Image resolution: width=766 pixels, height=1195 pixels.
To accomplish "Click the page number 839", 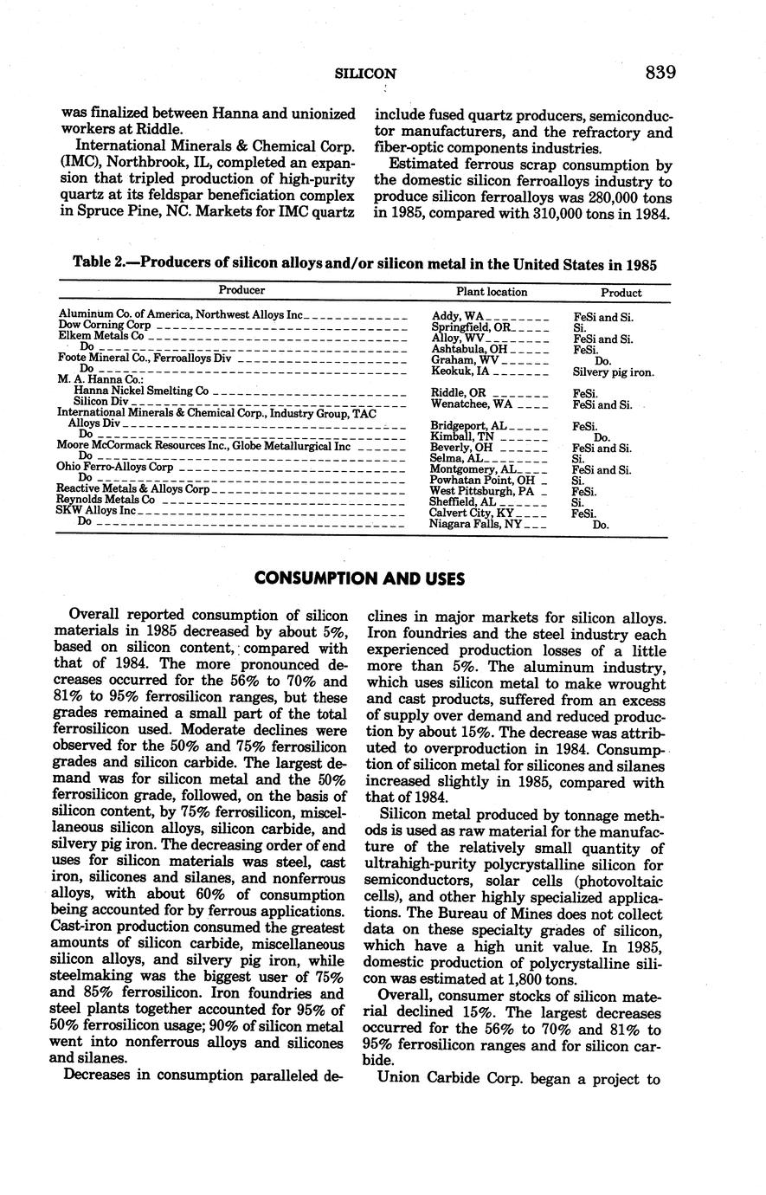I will tap(660, 73).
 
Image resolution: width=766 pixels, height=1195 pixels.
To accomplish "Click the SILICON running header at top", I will tap(366, 74).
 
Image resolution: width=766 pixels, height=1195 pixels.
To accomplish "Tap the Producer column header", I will tap(241, 291).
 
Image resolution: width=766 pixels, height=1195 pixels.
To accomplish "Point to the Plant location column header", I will tap(492, 292).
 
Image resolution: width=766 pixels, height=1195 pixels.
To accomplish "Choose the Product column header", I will tap(621, 293).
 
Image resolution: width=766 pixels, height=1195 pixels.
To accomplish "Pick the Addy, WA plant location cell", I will tap(458, 317).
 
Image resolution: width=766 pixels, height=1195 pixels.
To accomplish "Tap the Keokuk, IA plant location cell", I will tap(460, 371).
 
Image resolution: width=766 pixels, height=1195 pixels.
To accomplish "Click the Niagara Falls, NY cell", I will tap(476, 524).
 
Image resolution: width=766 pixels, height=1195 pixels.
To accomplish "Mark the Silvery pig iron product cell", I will tap(614, 372).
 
